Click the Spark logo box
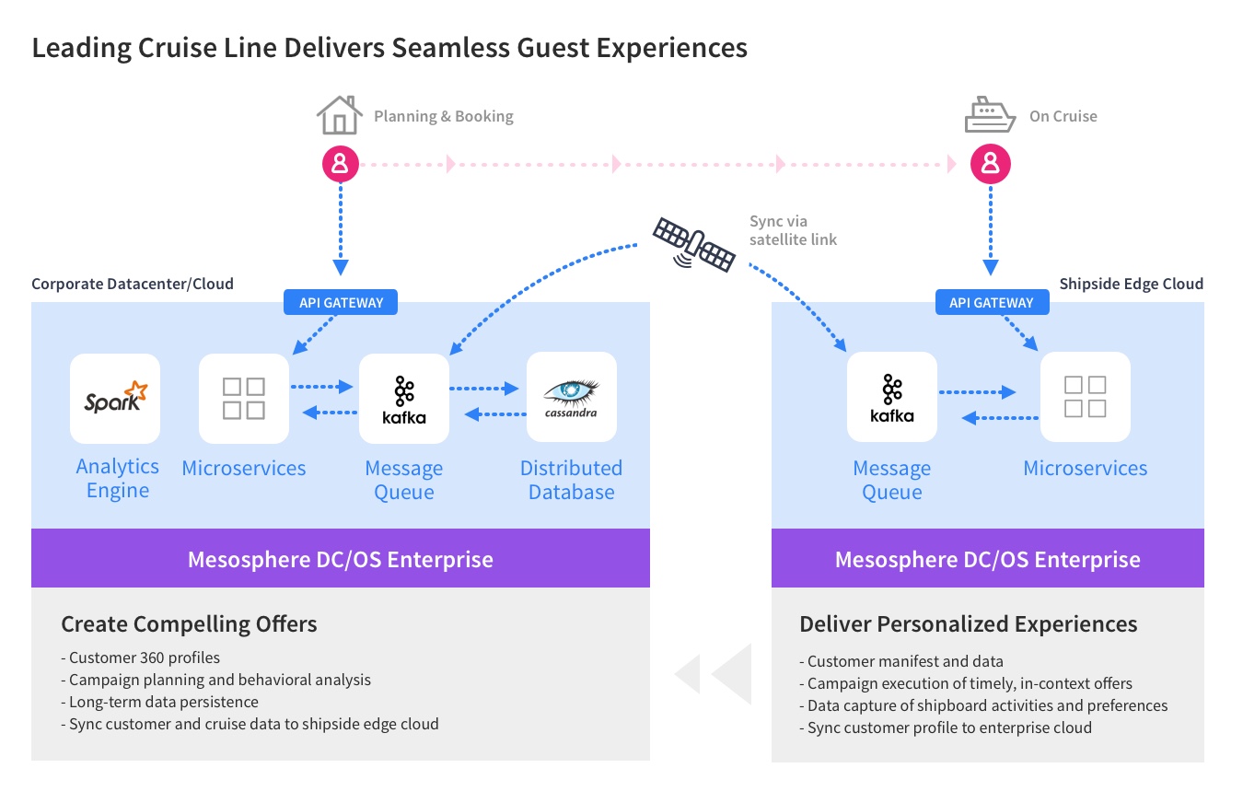pos(115,399)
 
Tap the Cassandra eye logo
pos(571,393)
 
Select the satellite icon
pos(693,243)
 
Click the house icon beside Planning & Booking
pos(339,116)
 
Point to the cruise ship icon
pos(990,116)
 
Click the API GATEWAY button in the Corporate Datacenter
pos(341,302)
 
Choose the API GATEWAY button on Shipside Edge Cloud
pos(991,302)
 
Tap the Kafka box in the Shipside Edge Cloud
pos(892,397)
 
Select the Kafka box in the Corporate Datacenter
pos(404,399)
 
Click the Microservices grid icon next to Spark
pos(244,399)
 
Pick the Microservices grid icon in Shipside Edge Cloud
pos(1086,397)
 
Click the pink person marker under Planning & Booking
pos(340,164)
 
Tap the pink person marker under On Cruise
pos(991,164)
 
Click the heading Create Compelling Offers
pos(189,623)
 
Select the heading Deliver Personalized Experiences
pos(968,623)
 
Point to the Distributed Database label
pos(571,480)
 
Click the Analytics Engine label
pos(117,478)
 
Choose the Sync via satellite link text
pos(793,230)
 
